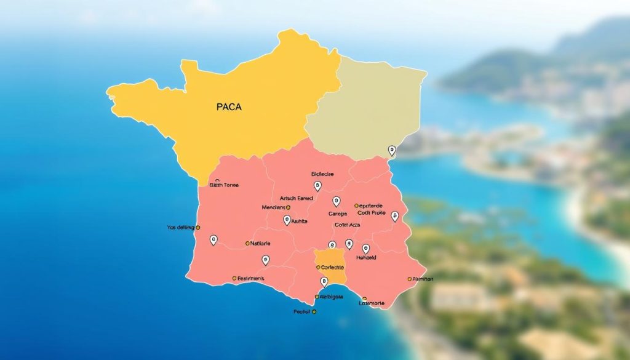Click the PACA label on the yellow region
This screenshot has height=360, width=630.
click(x=229, y=107)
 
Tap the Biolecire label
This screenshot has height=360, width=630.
click(x=322, y=174)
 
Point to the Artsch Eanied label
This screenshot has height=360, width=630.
click(x=297, y=198)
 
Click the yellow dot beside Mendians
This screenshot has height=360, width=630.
click(x=288, y=208)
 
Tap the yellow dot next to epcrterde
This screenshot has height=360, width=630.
click(x=356, y=206)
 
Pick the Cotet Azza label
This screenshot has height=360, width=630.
click(x=347, y=225)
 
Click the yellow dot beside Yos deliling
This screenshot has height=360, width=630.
click(x=198, y=227)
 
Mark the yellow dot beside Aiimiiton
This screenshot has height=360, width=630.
click(x=410, y=279)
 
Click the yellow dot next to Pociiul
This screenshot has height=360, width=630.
click(x=314, y=312)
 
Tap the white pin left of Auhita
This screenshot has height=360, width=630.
click(x=287, y=220)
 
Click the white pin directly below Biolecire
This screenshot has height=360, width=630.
click(x=317, y=185)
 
